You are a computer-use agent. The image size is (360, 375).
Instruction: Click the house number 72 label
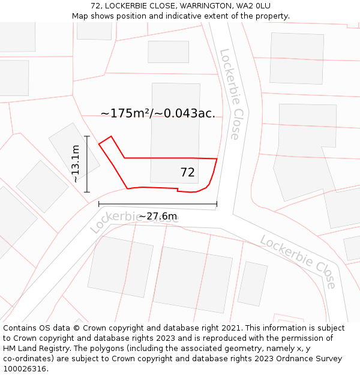(x=187, y=173)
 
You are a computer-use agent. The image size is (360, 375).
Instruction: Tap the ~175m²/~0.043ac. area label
(x=158, y=113)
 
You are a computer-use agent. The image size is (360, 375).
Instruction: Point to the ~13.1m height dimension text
(x=75, y=164)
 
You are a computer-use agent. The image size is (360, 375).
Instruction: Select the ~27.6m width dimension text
(x=158, y=216)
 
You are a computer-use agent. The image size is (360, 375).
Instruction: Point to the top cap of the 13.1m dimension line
(x=87, y=137)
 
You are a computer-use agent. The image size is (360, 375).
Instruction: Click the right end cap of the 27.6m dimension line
(x=217, y=204)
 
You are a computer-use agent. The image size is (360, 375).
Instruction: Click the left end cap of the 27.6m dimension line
(x=99, y=204)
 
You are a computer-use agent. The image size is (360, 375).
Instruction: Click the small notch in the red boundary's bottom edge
(x=178, y=190)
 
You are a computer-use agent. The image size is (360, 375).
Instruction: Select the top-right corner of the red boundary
(x=217, y=159)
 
